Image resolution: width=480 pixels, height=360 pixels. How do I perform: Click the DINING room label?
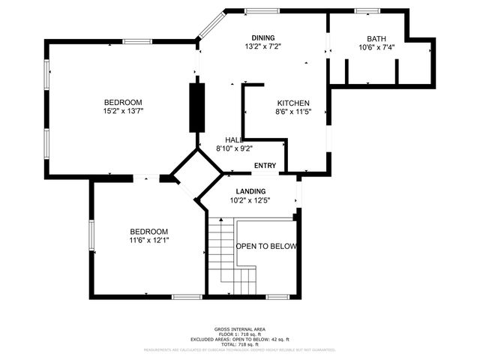click(262, 38)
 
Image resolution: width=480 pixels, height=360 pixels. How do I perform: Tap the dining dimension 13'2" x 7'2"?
click(262, 46)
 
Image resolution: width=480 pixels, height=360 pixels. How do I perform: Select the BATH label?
click(376, 39)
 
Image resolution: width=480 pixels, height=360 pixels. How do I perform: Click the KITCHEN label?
click(293, 103)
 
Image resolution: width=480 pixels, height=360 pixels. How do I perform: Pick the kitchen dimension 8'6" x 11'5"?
click(293, 112)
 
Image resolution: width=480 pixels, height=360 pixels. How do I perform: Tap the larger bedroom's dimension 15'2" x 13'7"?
click(123, 111)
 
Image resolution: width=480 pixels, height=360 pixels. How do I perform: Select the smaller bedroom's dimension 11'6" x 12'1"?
click(148, 241)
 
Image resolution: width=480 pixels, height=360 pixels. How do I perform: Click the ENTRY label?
click(265, 166)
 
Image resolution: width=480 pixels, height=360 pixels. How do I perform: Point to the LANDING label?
click(250, 192)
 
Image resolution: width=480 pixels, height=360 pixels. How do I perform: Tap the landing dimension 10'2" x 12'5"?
click(250, 200)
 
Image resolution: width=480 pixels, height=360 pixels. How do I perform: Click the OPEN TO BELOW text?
click(267, 247)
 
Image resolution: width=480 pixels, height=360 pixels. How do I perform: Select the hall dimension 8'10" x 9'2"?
click(234, 148)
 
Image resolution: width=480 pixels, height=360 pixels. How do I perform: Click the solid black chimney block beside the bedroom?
click(196, 109)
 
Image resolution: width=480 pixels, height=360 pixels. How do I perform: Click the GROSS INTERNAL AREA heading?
click(240, 329)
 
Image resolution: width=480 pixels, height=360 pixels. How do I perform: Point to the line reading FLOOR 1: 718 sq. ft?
click(240, 334)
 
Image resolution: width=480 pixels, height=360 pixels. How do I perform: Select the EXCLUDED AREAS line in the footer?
click(240, 340)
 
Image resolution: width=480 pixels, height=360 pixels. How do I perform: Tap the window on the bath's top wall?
click(367, 10)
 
